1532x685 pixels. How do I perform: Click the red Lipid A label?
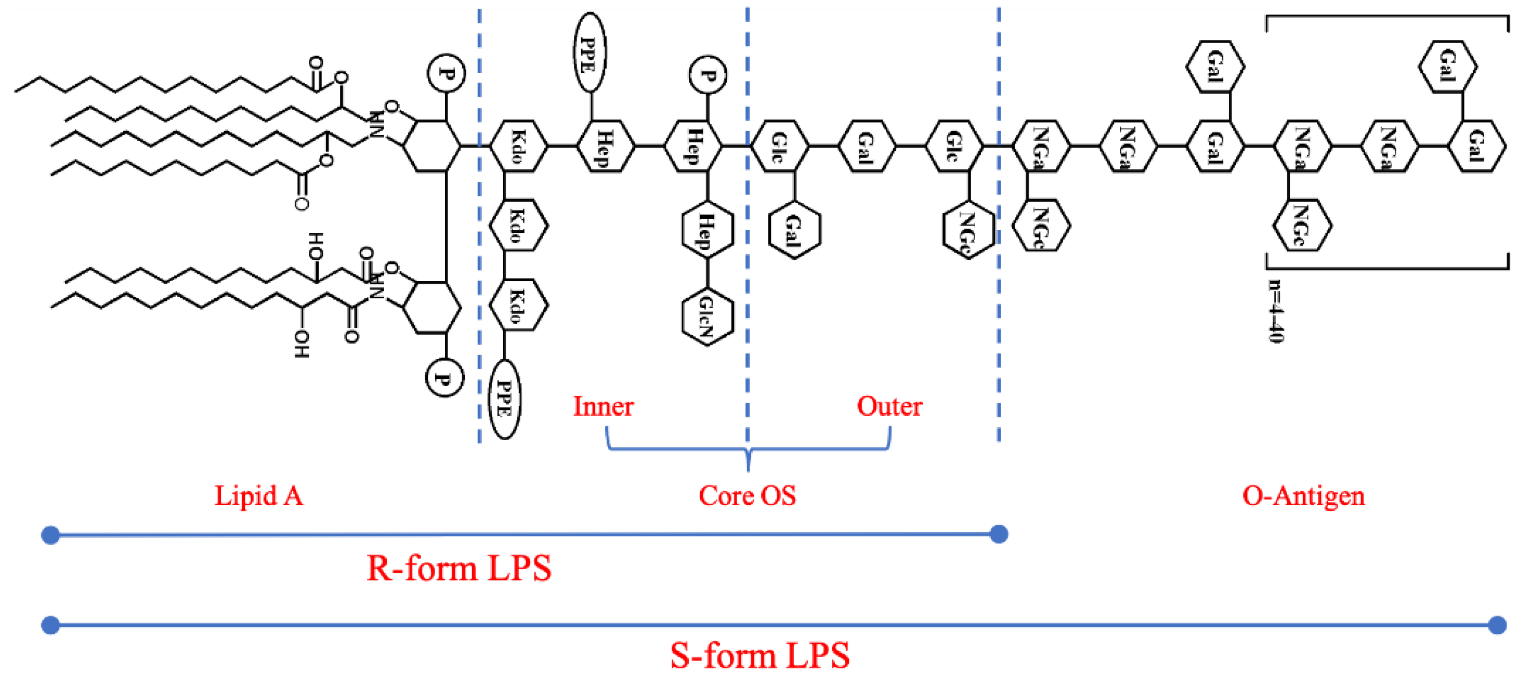tap(259, 496)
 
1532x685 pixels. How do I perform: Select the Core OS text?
tap(747, 496)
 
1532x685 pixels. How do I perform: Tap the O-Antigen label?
tap(1303, 496)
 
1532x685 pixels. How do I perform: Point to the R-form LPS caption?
tap(459, 568)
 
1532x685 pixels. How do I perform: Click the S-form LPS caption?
tap(760, 656)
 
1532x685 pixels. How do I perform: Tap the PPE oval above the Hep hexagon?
tap(590, 53)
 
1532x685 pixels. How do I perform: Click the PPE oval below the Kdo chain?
tap(504, 399)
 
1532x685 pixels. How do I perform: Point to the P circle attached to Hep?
tap(707, 75)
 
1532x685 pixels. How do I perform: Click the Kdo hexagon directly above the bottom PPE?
tap(518, 305)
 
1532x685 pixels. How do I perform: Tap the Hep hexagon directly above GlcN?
tap(707, 231)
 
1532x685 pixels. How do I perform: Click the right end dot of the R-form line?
tap(999, 534)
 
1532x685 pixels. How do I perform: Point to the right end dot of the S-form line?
tap(1497, 625)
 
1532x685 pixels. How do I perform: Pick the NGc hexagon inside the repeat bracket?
tap(1301, 226)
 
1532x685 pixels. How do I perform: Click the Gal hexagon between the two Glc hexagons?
tap(867, 146)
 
